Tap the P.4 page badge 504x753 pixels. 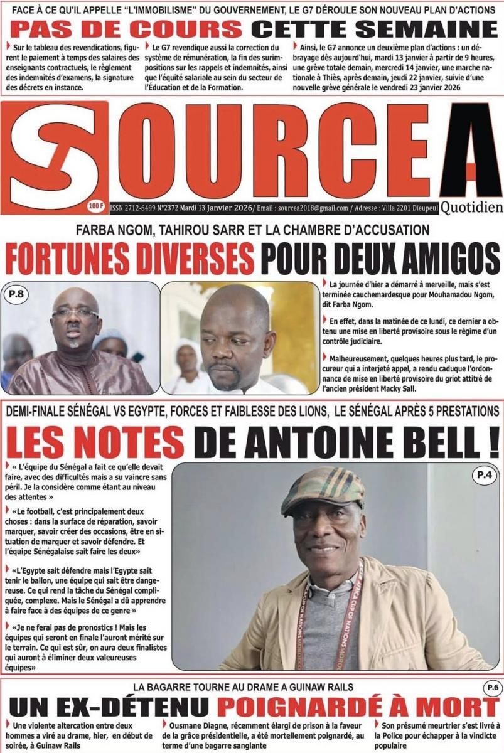click(483, 476)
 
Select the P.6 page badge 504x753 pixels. click(490, 689)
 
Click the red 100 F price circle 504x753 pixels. click(97, 205)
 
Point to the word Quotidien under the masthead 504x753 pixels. click(471, 208)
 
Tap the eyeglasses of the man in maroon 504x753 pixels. click(75, 312)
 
